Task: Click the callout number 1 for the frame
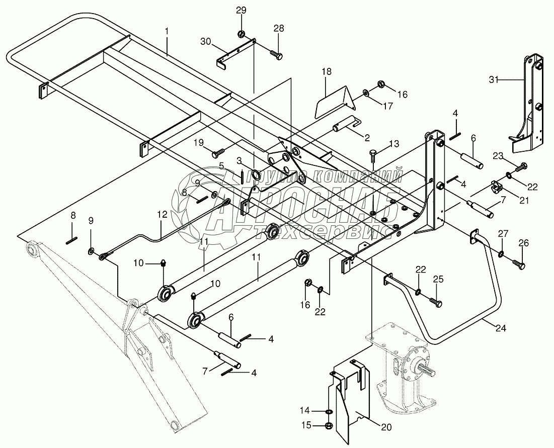(x=167, y=31)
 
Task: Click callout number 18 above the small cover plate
(x=327, y=71)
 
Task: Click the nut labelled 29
(x=241, y=35)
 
